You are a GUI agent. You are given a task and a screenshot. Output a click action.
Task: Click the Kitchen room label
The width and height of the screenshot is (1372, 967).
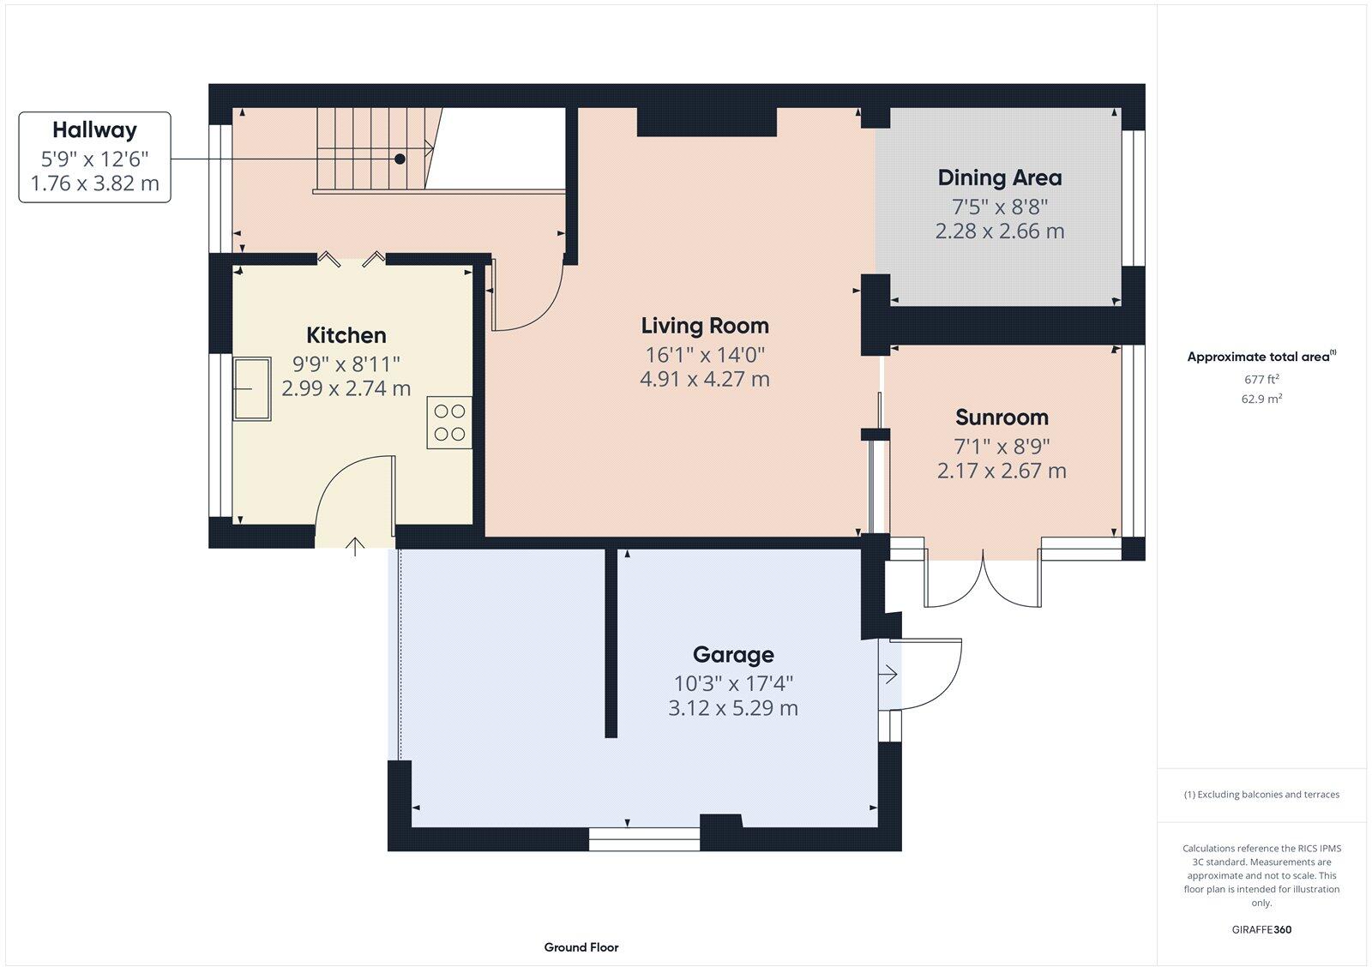346,335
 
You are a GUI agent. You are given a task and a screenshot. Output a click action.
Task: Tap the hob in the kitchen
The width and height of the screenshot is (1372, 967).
449,423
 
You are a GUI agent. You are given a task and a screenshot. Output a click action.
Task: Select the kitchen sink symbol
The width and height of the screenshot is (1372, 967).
252,388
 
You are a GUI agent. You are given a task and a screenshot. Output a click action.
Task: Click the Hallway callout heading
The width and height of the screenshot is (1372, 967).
94,130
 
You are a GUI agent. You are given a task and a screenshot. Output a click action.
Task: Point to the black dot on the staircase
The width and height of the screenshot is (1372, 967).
400,159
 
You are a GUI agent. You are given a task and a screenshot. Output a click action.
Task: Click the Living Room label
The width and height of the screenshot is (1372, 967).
705,326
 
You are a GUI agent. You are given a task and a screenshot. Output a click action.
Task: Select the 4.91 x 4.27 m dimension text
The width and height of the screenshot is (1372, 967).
705,379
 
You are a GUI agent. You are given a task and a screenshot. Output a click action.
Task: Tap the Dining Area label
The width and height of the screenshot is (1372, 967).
1000,178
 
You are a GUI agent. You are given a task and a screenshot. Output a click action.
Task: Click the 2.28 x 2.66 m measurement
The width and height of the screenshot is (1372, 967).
1000,231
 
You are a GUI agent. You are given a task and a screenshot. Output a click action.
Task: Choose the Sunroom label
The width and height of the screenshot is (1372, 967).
1002,417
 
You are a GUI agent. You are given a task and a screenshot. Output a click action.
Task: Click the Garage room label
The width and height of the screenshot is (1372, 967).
733,655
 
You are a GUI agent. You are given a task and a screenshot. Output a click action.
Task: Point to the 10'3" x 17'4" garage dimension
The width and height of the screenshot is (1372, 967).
733,683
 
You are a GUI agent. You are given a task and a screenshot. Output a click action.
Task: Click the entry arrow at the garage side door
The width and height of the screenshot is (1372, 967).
888,676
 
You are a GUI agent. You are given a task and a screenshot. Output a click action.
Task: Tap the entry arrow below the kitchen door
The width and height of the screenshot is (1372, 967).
357,546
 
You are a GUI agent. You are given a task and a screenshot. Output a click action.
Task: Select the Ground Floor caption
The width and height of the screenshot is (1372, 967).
581,947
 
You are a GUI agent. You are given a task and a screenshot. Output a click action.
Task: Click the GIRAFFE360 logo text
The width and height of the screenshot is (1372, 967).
1261,929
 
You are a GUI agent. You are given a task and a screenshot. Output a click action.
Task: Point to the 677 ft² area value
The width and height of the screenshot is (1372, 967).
1261,379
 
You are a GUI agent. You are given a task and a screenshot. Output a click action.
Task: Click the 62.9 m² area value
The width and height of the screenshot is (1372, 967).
1261,399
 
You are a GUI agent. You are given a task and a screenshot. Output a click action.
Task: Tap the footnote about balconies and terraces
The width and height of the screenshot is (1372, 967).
1261,795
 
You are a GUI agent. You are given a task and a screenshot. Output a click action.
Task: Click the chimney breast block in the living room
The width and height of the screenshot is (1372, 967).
707,122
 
